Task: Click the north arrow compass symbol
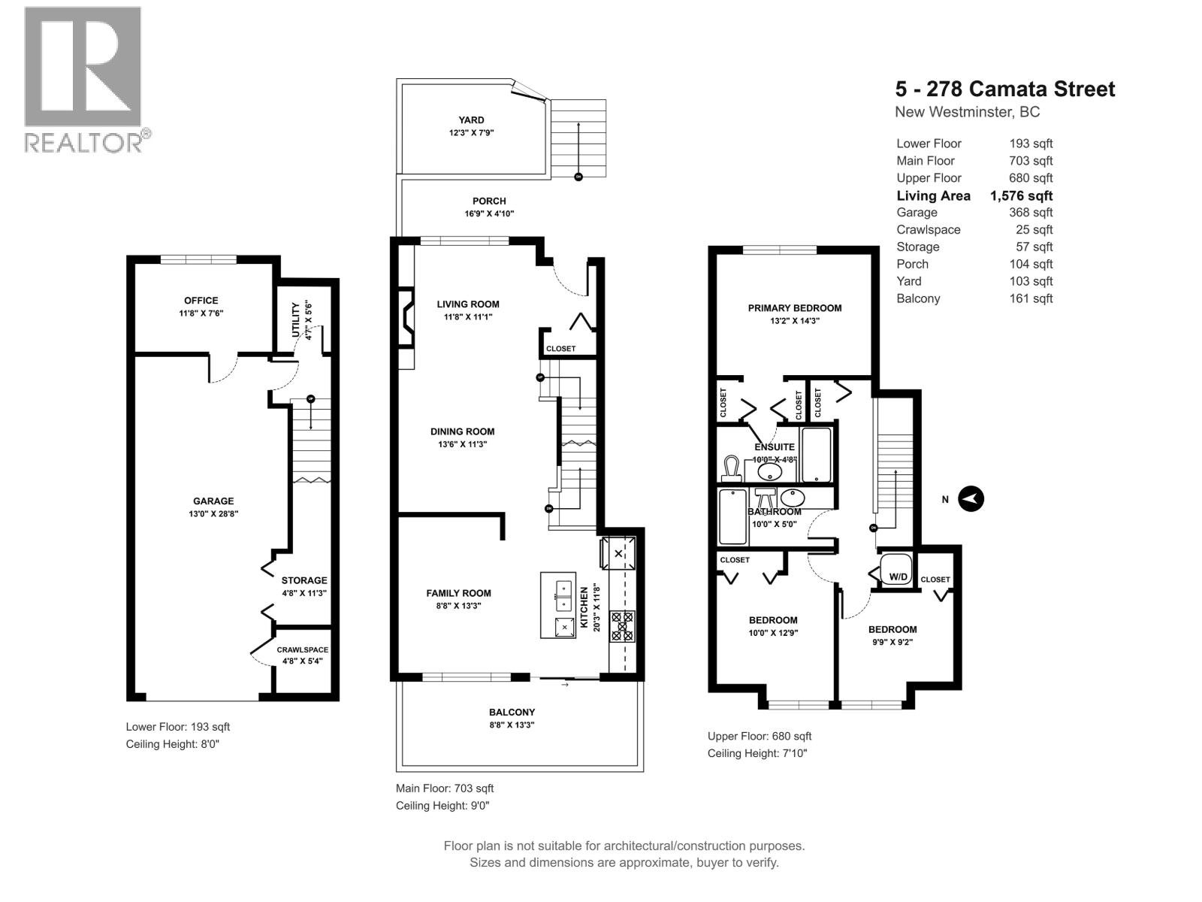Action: coord(971,499)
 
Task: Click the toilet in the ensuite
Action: coord(731,468)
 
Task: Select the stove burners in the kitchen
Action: coord(622,626)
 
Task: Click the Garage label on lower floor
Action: coord(213,501)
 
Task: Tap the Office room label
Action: coord(201,301)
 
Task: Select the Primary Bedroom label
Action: coord(794,307)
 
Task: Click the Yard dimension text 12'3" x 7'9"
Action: coord(472,132)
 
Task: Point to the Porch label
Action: coord(489,201)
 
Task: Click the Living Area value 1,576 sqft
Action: coord(1021,195)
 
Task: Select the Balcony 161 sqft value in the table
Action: coord(1031,298)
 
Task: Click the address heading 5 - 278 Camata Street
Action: coord(1004,89)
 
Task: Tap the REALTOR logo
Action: coord(84,79)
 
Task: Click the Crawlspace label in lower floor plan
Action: coord(302,649)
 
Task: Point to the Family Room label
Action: coord(458,593)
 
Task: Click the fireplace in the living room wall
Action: coord(406,318)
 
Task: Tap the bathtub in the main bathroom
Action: coord(732,516)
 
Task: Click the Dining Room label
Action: coord(462,431)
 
